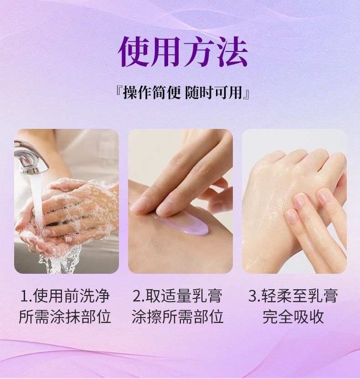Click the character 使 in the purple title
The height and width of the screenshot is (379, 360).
(x=134, y=51)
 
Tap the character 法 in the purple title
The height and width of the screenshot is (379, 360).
(x=232, y=51)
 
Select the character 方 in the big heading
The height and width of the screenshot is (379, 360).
(x=199, y=51)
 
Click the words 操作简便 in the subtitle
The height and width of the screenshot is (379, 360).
(x=152, y=92)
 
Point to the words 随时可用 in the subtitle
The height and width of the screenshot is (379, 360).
(x=214, y=92)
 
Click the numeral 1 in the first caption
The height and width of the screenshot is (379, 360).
(x=25, y=296)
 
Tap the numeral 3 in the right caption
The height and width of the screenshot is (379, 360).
(x=252, y=296)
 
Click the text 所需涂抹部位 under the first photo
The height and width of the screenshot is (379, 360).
(x=65, y=317)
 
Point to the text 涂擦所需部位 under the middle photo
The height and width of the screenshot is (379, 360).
(x=177, y=317)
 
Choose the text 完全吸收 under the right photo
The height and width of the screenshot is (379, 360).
(x=293, y=317)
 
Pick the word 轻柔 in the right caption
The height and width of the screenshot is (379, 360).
(x=276, y=296)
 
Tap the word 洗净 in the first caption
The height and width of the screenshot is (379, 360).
(x=94, y=296)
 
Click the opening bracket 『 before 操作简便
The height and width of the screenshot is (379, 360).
(x=119, y=92)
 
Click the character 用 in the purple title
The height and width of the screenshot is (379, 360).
(x=167, y=51)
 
